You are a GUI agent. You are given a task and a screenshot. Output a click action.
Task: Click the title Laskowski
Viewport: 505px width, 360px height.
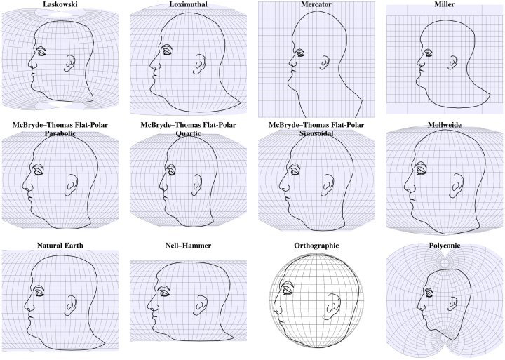pos(60,4)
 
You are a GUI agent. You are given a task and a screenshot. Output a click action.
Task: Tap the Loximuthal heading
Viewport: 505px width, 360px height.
pos(189,4)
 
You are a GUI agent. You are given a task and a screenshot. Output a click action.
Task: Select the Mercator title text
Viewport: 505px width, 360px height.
pos(316,4)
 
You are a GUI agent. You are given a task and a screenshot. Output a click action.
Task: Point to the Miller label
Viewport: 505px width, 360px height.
pos(445,4)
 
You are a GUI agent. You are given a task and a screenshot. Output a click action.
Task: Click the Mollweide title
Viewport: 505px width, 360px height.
pos(445,125)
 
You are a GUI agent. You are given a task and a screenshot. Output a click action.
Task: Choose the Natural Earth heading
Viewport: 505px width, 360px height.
pos(60,246)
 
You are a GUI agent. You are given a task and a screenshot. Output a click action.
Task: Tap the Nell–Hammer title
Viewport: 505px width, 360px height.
pos(189,246)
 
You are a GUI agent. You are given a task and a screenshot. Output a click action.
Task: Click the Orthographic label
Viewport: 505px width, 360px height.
pos(316,246)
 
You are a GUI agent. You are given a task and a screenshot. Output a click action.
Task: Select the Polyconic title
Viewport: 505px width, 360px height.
pos(445,246)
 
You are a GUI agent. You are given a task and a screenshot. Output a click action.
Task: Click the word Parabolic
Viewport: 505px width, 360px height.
pos(60,133)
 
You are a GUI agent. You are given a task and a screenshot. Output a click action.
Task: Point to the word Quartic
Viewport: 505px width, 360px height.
pos(189,133)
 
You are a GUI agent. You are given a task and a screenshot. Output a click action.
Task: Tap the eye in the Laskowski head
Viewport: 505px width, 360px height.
pos(42,52)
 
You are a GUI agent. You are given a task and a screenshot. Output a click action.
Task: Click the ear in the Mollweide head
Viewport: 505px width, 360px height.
pos(457,186)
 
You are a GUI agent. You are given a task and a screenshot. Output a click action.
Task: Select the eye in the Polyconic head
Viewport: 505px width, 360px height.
pos(428,293)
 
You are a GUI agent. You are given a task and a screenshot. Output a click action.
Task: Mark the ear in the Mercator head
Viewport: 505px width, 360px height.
pos(325,63)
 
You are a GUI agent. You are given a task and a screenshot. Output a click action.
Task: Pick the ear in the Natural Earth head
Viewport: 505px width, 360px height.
pos(71,305)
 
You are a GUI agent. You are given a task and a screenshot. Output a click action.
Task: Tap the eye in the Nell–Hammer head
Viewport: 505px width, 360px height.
pos(164,292)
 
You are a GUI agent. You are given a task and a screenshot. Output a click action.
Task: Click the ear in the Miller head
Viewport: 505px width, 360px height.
pos(453,62)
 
